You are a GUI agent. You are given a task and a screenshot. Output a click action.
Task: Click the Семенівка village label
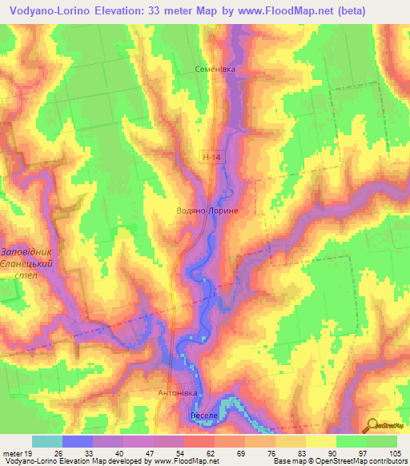216,70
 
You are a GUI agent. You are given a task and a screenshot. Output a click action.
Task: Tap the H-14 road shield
211,159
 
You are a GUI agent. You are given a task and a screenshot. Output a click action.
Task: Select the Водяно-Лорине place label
207,210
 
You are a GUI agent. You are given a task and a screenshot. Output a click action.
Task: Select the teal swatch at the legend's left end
47,441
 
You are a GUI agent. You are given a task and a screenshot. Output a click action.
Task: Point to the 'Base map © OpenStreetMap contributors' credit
339,461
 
